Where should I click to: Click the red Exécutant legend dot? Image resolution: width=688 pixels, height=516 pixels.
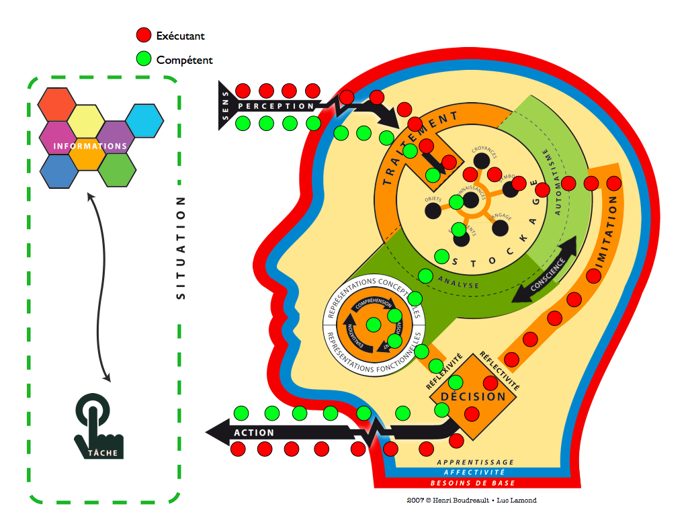coord(144,36)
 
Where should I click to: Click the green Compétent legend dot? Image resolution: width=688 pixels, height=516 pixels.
coord(144,60)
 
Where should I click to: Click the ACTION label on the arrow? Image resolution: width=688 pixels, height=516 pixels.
coord(254,433)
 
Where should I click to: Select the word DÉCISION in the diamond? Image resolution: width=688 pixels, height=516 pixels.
coord(473,396)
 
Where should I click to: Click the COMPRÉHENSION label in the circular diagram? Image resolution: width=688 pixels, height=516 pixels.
coord(374,304)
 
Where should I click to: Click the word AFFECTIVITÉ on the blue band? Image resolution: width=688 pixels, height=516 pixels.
coord(475,473)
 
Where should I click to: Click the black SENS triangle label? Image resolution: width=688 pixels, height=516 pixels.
coord(225,105)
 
